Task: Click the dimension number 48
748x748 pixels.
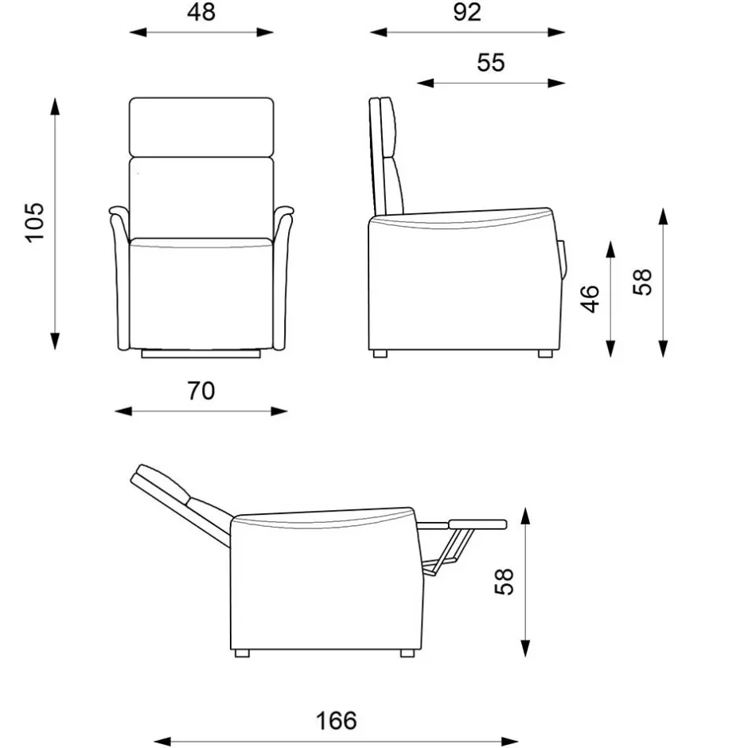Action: tap(201, 12)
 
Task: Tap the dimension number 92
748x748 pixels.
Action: tap(467, 12)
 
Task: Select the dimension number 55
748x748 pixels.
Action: tap(491, 63)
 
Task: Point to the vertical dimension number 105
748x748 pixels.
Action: tap(35, 223)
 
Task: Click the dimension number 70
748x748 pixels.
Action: tap(201, 391)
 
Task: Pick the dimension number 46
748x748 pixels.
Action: tap(590, 299)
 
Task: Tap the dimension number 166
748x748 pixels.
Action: tap(337, 720)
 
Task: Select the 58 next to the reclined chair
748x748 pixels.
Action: tap(505, 582)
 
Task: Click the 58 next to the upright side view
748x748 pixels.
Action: tap(642, 282)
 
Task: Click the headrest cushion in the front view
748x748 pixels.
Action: tap(201, 127)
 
